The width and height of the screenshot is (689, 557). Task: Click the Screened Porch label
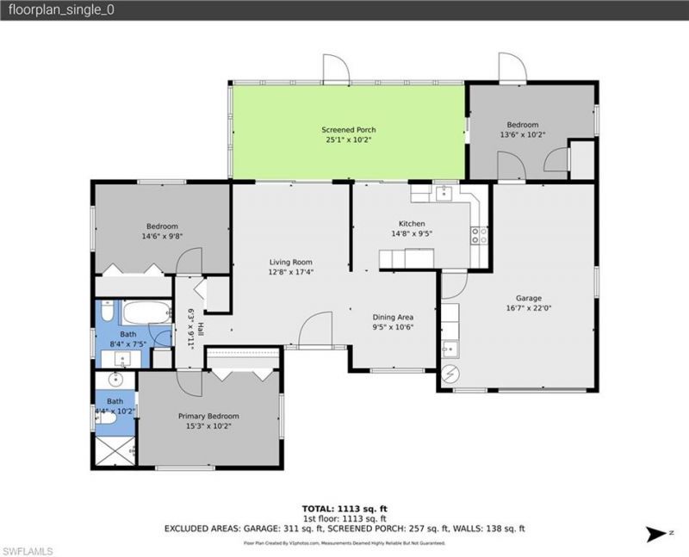tap(349, 130)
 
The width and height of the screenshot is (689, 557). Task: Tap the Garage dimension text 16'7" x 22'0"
tap(519, 307)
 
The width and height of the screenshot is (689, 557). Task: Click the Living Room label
tap(290, 262)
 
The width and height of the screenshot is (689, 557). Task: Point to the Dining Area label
tap(393, 316)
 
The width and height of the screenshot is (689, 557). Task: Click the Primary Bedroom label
tap(208, 416)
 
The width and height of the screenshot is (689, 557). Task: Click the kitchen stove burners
tap(479, 235)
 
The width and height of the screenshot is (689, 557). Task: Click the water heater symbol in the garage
tap(451, 374)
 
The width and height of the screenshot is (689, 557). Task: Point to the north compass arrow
tap(655, 535)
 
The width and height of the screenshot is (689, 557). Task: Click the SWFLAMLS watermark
tap(28, 549)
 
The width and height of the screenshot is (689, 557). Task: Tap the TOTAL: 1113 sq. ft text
tap(344, 509)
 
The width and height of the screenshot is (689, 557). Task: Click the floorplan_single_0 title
tap(49, 10)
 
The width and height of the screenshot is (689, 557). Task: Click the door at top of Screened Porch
tap(336, 68)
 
